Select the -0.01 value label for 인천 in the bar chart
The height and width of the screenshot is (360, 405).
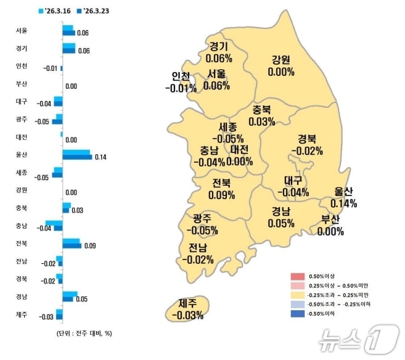pos(51,68)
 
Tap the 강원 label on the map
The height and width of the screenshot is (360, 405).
pos(280,60)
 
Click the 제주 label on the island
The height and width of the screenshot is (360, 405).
pos(187,303)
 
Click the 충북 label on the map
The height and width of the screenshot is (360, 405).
pos(262,110)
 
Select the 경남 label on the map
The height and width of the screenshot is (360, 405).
pos(281,211)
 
